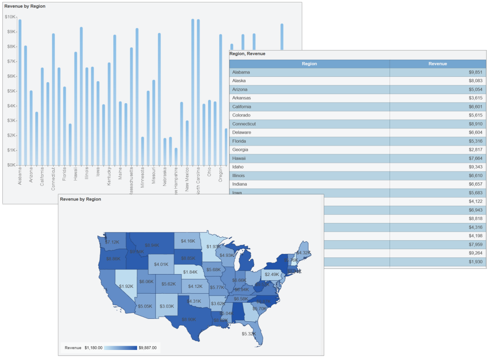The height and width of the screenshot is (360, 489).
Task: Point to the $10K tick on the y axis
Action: click(10, 17)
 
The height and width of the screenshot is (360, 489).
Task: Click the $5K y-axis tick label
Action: click(10, 91)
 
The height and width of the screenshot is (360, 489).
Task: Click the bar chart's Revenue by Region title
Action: click(25, 7)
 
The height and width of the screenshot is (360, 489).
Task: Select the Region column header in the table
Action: click(309, 64)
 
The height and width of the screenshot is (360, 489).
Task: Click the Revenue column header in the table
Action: click(437, 64)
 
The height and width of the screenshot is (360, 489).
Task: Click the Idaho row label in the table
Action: click(238, 167)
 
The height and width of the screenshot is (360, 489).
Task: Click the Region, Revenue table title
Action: click(247, 54)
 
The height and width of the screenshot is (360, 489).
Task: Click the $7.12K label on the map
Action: click(112, 242)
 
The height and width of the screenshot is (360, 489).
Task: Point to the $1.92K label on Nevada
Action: click(126, 286)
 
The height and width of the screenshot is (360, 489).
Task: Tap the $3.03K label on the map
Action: click(166, 306)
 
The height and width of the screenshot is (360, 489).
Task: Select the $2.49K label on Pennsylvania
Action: click(272, 275)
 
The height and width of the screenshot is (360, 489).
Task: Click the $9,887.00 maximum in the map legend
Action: click(147, 348)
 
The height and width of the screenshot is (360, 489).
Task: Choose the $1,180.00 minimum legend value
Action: click(93, 348)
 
